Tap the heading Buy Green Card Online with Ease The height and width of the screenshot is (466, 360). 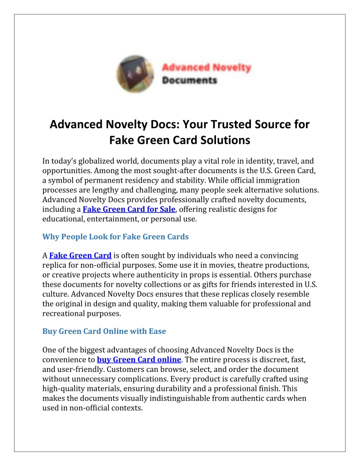104,331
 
